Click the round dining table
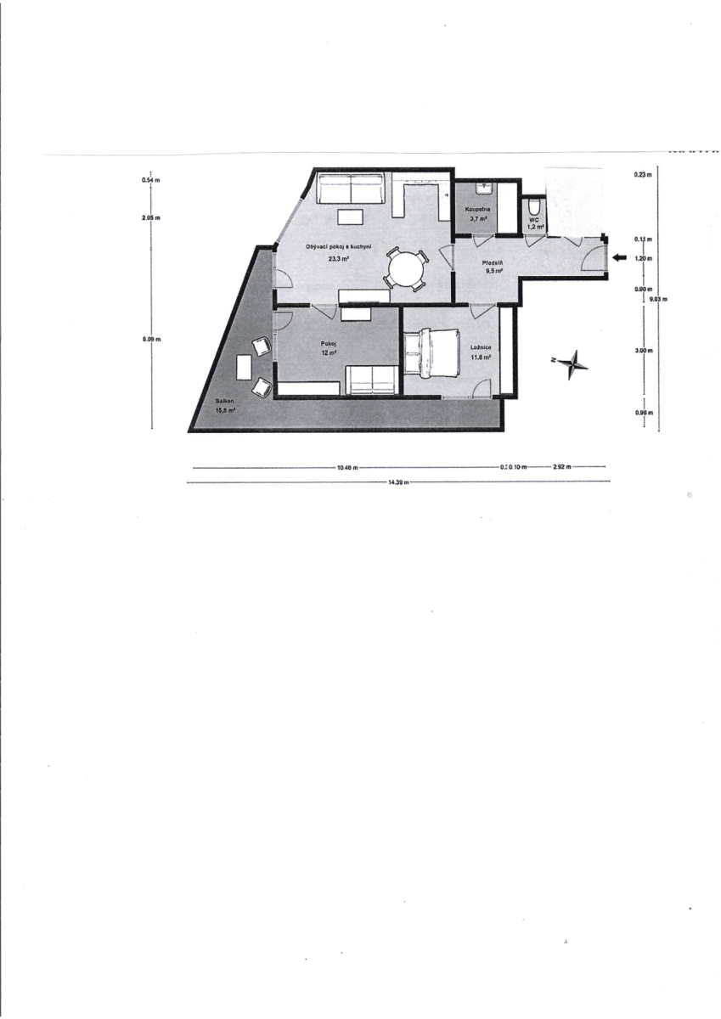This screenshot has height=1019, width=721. [x=405, y=271]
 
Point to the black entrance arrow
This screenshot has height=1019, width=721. [x=619, y=257]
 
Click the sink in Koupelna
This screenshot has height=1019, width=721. [x=482, y=189]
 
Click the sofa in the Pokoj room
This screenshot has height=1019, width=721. [x=371, y=380]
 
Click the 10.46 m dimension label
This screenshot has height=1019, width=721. [x=346, y=467]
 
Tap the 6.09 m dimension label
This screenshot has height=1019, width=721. [x=152, y=339]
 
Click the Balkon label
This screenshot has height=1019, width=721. [x=224, y=401]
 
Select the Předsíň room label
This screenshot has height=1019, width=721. [x=494, y=264]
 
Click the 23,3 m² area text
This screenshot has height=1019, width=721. [x=339, y=258]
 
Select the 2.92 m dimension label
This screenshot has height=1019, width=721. [x=561, y=467]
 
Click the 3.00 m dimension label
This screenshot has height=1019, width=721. [x=643, y=350]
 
